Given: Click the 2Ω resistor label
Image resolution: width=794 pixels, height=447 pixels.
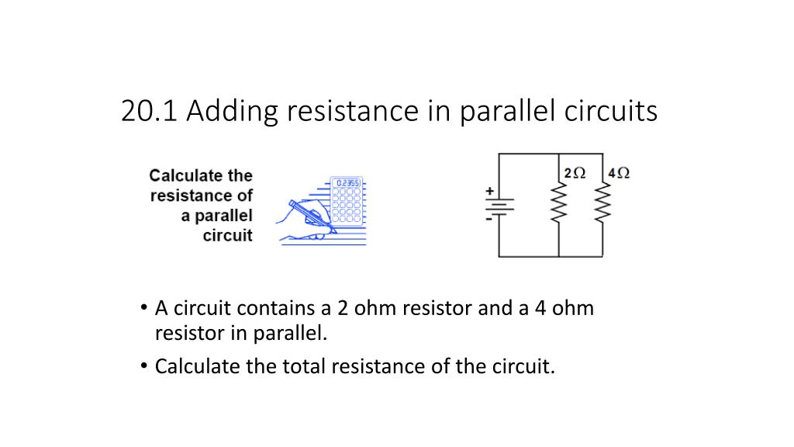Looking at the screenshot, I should click(x=576, y=172).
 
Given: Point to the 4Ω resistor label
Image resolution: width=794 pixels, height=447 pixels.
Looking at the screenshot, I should click(x=619, y=172).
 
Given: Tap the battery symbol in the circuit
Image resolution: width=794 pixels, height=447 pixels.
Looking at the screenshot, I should click(x=499, y=206).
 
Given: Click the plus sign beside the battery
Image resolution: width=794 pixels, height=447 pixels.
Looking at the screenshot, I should click(x=489, y=189).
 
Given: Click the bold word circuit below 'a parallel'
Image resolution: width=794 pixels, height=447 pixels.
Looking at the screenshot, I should click(x=227, y=235).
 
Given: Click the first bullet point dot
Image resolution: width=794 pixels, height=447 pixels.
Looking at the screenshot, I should click(x=144, y=307).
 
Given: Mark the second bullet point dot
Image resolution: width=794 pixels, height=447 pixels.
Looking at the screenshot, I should click(x=144, y=366).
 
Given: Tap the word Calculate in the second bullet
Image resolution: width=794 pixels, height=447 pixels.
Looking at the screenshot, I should click(x=198, y=366).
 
